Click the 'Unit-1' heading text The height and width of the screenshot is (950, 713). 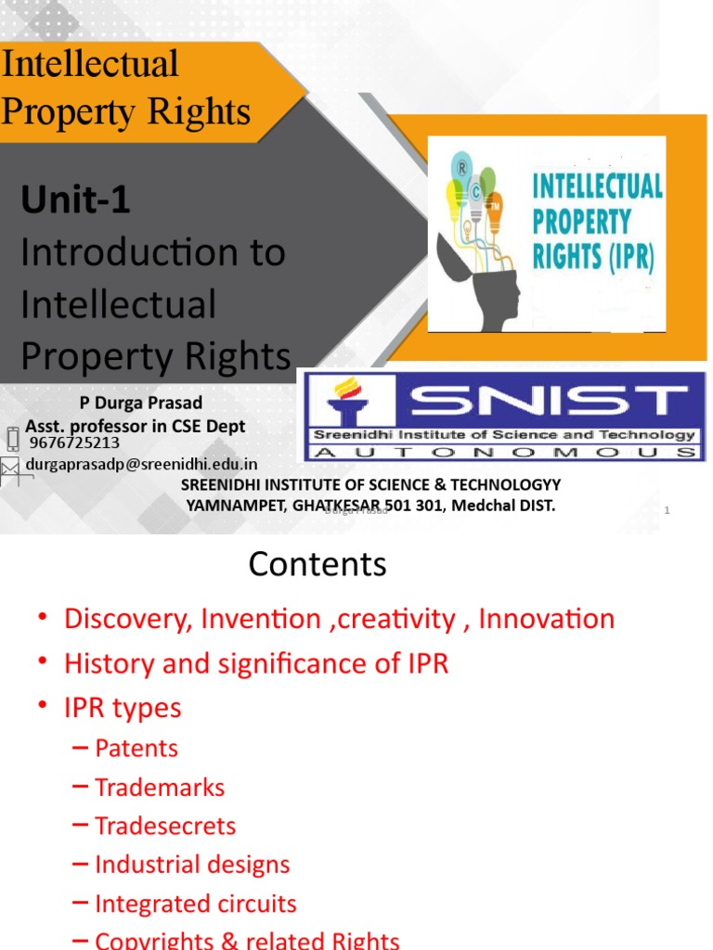(75, 199)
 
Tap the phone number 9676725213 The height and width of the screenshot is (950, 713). (74, 443)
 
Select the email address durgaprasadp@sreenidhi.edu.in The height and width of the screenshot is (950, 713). (141, 464)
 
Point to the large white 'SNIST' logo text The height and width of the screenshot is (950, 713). (543, 401)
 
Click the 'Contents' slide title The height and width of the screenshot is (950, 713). (318, 564)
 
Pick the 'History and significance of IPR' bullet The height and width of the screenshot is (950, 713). (256, 663)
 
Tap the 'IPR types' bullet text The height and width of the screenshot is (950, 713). (123, 708)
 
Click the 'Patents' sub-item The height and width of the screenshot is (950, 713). (136, 748)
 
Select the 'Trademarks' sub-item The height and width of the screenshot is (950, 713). (160, 787)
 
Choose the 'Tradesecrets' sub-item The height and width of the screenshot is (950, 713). (165, 826)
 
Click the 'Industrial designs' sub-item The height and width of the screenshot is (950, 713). (192, 865)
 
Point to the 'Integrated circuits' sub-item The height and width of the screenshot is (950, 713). (196, 904)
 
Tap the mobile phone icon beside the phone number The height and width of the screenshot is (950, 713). (12, 438)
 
